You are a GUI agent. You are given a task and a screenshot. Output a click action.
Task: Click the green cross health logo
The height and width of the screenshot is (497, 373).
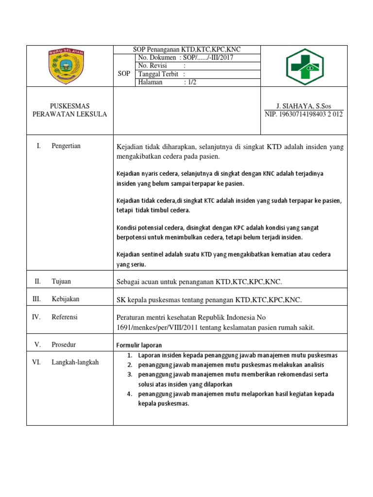pyautogui.click(x=304, y=66)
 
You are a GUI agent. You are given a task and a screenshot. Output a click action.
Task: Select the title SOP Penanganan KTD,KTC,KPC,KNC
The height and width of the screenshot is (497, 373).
pyautogui.click(x=187, y=50)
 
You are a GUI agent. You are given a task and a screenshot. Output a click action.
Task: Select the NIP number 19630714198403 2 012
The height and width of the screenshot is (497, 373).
pyautogui.click(x=304, y=115)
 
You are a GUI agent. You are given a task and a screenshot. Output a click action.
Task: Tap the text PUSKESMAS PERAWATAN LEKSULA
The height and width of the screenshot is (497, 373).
pyautogui.click(x=70, y=110)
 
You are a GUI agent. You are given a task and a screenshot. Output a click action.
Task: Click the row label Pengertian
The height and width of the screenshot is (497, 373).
pyautogui.click(x=66, y=146)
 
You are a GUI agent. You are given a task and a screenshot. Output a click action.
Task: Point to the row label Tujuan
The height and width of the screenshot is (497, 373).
pyautogui.click(x=61, y=282)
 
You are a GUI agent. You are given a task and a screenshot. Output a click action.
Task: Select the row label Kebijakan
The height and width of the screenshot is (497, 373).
pyautogui.click(x=65, y=299)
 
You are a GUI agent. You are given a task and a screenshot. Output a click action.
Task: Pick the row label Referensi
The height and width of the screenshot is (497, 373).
pyautogui.click(x=65, y=317)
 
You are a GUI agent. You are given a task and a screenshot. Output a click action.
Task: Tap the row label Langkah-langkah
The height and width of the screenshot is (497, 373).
pyautogui.click(x=75, y=362)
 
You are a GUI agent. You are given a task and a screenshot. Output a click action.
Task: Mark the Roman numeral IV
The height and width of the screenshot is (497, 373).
pyautogui.click(x=36, y=317)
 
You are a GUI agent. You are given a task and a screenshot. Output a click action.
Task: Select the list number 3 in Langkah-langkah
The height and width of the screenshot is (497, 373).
pyautogui.click(x=130, y=374)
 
